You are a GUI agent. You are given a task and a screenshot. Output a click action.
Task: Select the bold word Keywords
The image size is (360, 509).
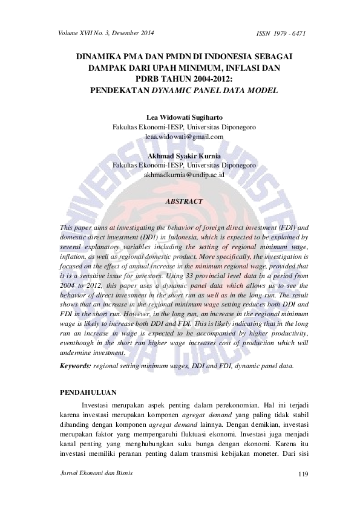[x=75, y=366]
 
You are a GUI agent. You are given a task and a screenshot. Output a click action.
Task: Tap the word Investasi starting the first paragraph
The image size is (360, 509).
[x=97, y=406]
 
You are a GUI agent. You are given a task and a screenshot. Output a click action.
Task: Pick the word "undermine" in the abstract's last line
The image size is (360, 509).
[x=77, y=352]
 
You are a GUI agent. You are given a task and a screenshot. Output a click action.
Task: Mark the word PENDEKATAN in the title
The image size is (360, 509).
[x=114, y=91]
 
